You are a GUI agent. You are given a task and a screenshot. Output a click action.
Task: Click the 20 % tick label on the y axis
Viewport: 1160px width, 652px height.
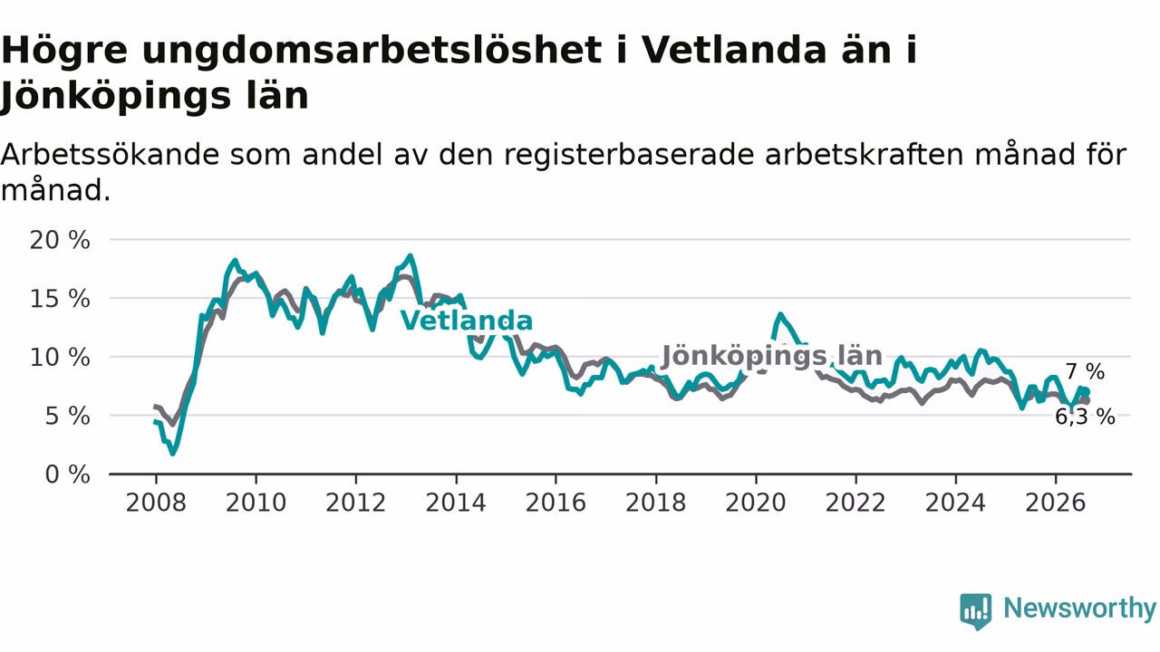pos(60,240)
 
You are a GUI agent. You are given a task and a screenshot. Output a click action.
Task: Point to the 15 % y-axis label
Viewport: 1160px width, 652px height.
pos(60,299)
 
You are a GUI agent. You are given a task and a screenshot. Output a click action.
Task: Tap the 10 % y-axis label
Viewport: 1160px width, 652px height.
pos(60,358)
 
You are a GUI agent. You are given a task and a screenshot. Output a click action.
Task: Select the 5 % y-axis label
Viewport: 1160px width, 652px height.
pos(67,416)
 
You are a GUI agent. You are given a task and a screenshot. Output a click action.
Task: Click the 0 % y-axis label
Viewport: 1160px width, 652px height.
pos(67,475)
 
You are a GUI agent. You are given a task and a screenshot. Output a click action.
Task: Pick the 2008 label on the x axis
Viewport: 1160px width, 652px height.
pos(156,503)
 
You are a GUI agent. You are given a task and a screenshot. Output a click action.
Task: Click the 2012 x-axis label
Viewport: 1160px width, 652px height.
pos(356,503)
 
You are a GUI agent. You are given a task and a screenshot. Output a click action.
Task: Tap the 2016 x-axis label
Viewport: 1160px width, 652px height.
pos(556,503)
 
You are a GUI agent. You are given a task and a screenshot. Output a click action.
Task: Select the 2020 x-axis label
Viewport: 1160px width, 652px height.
pos(756,503)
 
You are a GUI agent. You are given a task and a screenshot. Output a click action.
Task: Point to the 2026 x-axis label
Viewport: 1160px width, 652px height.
pos(1056,503)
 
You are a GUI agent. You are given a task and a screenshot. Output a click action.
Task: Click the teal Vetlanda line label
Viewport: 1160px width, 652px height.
pos(467,321)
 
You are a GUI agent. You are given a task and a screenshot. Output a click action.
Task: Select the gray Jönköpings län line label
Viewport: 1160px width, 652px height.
pos(771,356)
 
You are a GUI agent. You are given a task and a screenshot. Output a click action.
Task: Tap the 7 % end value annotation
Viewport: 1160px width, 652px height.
pos(1085,371)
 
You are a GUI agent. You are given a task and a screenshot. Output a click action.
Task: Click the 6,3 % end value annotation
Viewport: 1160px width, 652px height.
pos(1085,417)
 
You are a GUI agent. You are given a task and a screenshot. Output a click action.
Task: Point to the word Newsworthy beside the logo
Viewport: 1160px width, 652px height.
pos(1079,608)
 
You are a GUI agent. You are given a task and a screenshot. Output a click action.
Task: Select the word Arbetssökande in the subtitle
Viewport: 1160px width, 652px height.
pos(110,154)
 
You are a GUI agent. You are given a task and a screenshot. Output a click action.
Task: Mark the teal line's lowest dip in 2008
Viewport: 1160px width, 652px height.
pos(172,454)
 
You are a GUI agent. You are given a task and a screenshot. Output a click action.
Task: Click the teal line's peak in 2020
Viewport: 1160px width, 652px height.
pos(780,314)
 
